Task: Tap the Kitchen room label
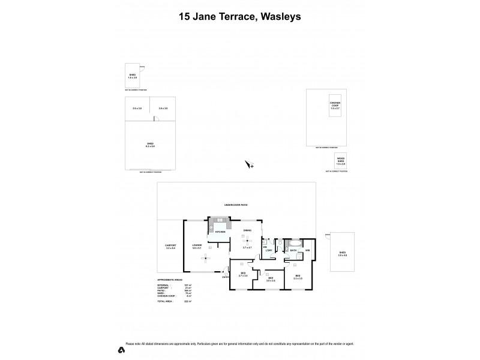tap(220, 231)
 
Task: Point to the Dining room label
tap(247, 231)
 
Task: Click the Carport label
tap(170, 245)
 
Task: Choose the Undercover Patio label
tap(236, 205)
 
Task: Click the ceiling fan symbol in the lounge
tap(204, 257)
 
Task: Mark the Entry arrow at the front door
tap(226, 276)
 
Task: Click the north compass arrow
tap(250, 164)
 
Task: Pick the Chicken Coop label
tap(335, 104)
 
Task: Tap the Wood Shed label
tap(341, 159)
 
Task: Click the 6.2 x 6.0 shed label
tap(150, 145)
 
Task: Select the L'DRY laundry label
tap(269, 250)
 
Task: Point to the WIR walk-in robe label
tap(307, 250)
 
